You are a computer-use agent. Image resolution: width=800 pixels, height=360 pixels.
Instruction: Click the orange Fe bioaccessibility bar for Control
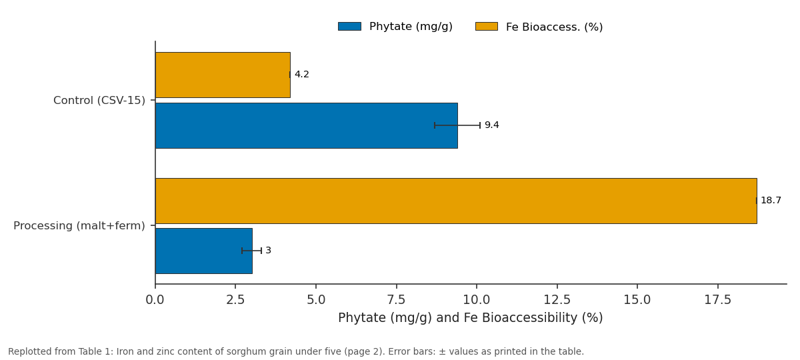pyautogui.click(x=223, y=75)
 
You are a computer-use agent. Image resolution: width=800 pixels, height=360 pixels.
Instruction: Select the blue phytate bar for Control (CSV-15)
pyautogui.click(x=307, y=126)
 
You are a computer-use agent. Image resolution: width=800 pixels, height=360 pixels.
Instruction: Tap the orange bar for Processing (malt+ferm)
pyautogui.click(x=456, y=201)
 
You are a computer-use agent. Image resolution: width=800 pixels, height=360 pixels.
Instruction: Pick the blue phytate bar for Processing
pyautogui.click(x=204, y=251)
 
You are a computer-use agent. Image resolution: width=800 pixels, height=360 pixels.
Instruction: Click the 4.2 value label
pyautogui.click(x=302, y=74)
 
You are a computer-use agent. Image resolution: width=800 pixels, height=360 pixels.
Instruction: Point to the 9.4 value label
pyautogui.click(x=492, y=125)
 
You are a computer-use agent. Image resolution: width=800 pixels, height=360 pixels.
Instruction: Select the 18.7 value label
pyautogui.click(x=771, y=201)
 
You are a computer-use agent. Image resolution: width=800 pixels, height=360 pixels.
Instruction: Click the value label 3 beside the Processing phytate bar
pyautogui.click(x=269, y=251)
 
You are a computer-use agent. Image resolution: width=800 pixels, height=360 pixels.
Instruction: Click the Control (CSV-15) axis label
pyautogui.click(x=99, y=101)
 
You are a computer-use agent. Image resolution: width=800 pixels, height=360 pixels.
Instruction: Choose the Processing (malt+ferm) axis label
pyautogui.click(x=79, y=226)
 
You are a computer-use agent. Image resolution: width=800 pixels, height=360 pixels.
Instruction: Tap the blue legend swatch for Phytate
pyautogui.click(x=349, y=27)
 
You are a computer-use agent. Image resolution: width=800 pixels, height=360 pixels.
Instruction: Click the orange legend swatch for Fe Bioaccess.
pyautogui.click(x=487, y=27)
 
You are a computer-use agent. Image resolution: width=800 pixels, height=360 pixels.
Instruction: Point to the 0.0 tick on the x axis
pyautogui.click(x=155, y=299)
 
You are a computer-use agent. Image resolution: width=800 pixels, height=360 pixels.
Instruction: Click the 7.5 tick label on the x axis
pyautogui.click(x=397, y=299)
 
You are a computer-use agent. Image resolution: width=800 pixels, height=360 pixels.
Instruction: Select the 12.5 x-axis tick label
pyautogui.click(x=557, y=299)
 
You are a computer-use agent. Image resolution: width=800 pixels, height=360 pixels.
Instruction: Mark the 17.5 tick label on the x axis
pyautogui.click(x=718, y=299)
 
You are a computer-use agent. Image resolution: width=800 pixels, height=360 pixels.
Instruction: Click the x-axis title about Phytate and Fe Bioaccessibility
pyautogui.click(x=471, y=317)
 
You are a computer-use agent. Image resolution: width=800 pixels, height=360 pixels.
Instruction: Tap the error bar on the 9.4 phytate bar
pyautogui.click(x=457, y=125)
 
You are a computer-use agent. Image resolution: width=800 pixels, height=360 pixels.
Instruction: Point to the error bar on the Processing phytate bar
pyautogui.click(x=252, y=251)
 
